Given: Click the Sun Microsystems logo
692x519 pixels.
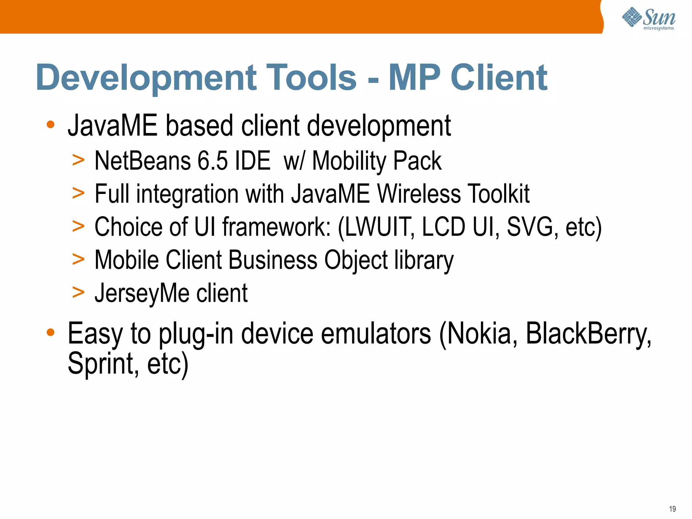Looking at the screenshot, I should coord(649,19).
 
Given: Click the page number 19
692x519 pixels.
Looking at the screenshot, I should coord(672,509).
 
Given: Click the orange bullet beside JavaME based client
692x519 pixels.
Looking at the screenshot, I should coord(51,125).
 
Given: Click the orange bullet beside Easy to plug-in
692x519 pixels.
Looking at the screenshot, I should coord(51,332).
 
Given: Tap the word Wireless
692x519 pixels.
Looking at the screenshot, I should coord(419,194).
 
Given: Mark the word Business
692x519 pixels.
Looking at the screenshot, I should coord(273,260).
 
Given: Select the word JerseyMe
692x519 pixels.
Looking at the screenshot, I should coord(142,293).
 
